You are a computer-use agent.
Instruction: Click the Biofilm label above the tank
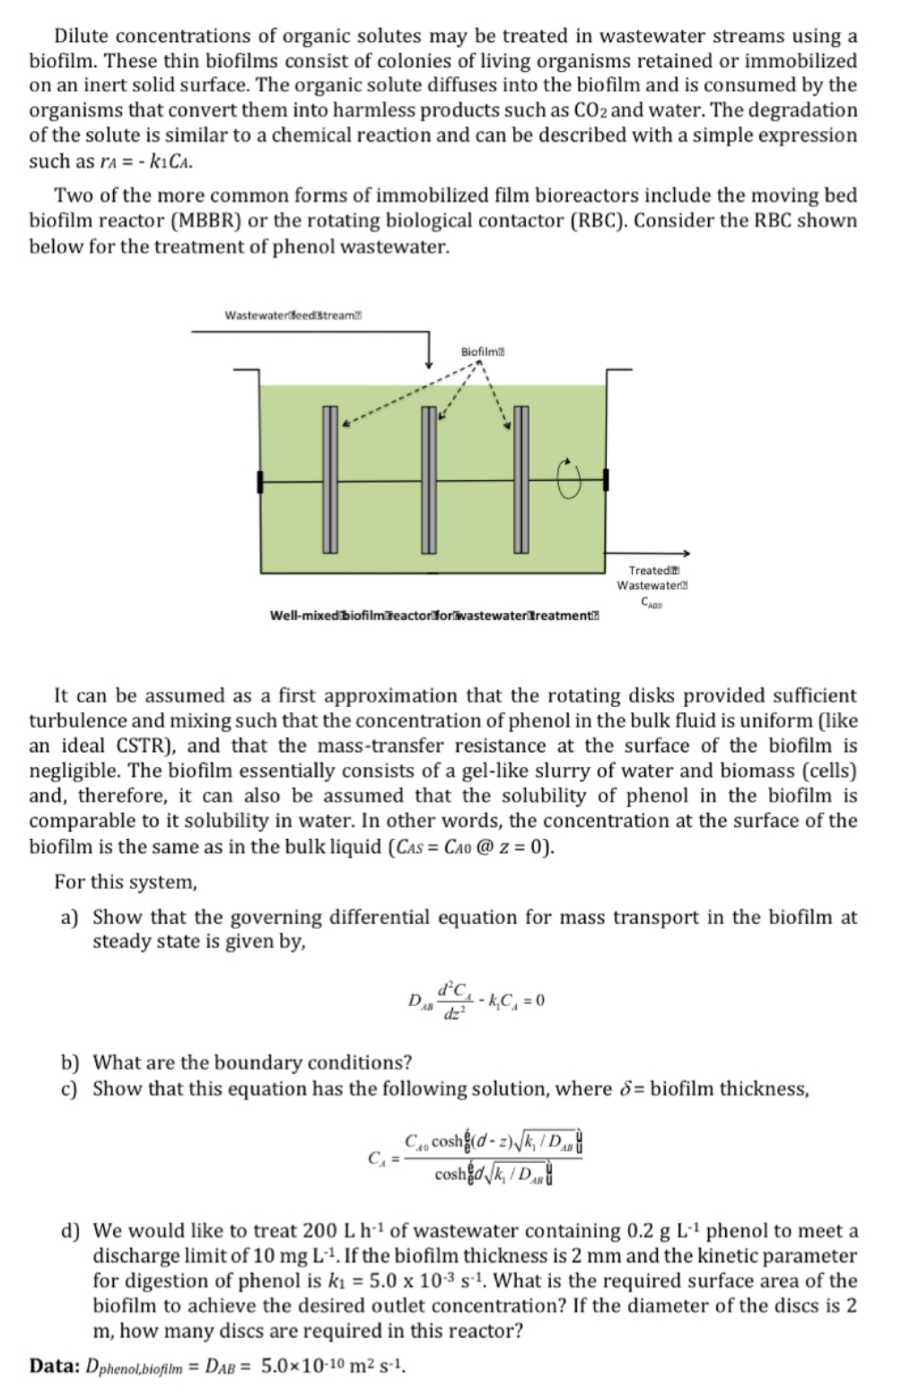481,350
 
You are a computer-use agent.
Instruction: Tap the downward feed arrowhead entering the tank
429,362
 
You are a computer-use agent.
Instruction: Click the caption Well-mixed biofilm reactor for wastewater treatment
434,615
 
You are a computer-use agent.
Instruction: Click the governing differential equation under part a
477,1000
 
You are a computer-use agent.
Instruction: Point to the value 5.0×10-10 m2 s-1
334,1366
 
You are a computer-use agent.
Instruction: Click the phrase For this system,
125,882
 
